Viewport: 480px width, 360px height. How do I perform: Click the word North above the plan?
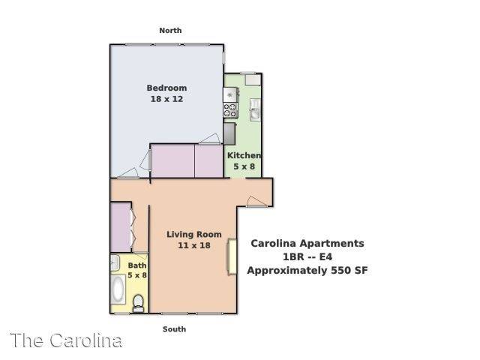(170, 31)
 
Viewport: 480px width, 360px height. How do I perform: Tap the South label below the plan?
(174, 329)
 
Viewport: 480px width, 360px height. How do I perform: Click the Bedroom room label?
(166, 88)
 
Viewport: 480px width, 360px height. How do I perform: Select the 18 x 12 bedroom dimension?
(166, 99)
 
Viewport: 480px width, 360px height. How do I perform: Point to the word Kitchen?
(244, 155)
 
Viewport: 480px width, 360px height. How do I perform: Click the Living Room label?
(194, 235)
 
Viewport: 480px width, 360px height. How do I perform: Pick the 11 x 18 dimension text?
(194, 245)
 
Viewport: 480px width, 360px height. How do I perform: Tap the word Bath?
(136, 265)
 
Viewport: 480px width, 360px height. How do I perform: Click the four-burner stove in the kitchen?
(230, 110)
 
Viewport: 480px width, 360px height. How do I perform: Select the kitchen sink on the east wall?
(255, 109)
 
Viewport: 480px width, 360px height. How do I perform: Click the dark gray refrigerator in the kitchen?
(229, 133)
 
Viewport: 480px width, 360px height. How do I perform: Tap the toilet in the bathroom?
(138, 303)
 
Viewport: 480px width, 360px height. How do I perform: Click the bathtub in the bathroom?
(118, 289)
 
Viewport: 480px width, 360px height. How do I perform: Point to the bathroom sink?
(115, 262)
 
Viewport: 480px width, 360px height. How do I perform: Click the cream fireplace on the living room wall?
(232, 256)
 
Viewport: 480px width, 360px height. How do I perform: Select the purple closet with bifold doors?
(121, 227)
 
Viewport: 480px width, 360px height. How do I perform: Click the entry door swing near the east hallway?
(256, 202)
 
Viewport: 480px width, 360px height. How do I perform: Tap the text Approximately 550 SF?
(307, 271)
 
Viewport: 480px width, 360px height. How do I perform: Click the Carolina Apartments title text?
(307, 243)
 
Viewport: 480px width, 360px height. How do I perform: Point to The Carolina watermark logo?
(66, 340)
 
